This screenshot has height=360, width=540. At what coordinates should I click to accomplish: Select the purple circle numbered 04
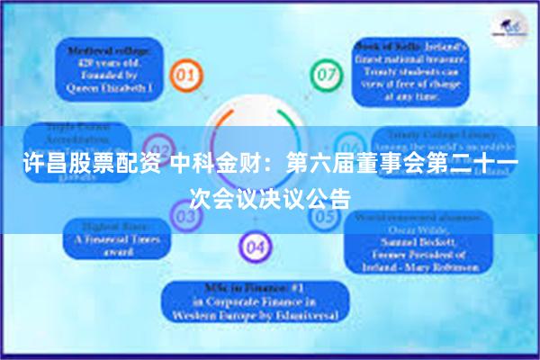[x=255, y=245]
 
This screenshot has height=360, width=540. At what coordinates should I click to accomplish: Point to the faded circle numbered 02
[x=158, y=148]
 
